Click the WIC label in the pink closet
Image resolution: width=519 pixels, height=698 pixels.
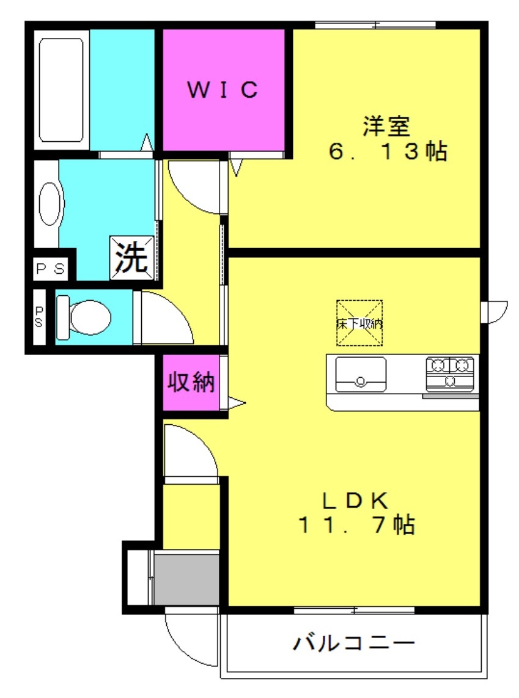coord(222,89)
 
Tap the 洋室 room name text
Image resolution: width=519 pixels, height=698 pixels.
coord(386,126)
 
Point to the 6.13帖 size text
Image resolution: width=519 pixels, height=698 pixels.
coord(388,151)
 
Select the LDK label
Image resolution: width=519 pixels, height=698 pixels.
coord(355,501)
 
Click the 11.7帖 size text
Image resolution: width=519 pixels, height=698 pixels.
coord(356,524)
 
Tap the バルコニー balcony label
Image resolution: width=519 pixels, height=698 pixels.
coord(353,642)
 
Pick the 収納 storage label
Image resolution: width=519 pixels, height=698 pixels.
coord(191,381)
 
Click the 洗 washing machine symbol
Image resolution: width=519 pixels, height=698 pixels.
coord(132,257)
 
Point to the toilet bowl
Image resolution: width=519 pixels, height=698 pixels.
coord(84,317)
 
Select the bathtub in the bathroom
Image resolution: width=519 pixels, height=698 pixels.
coord(61,90)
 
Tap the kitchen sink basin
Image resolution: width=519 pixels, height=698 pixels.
coord(361,375)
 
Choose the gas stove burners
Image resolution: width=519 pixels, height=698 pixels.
coord(450,373)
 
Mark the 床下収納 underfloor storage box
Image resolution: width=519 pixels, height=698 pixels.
coord(359,323)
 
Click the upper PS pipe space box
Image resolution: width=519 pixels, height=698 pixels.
coord(50,268)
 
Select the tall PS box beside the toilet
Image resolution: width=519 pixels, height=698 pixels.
coord(39,317)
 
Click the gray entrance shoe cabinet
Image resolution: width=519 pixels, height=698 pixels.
coord(186,578)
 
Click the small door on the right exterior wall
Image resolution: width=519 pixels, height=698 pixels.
coord(494,312)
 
